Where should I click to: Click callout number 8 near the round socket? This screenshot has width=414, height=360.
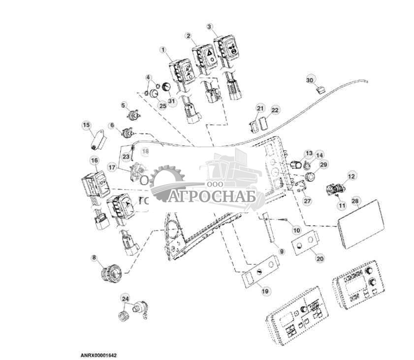94,258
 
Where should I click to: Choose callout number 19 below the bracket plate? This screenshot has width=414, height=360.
265,292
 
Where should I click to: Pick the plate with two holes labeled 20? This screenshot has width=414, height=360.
306,243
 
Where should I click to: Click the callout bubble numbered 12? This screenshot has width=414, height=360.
351,176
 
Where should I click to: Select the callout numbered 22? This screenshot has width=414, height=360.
275,110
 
